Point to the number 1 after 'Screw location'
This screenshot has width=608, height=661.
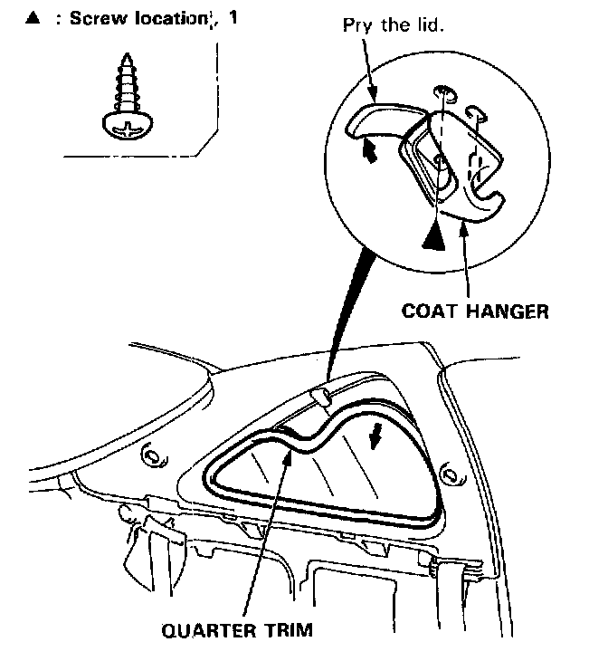(233, 18)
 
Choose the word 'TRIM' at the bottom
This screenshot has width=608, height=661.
(284, 630)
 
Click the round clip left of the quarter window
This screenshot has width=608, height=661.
(153, 453)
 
